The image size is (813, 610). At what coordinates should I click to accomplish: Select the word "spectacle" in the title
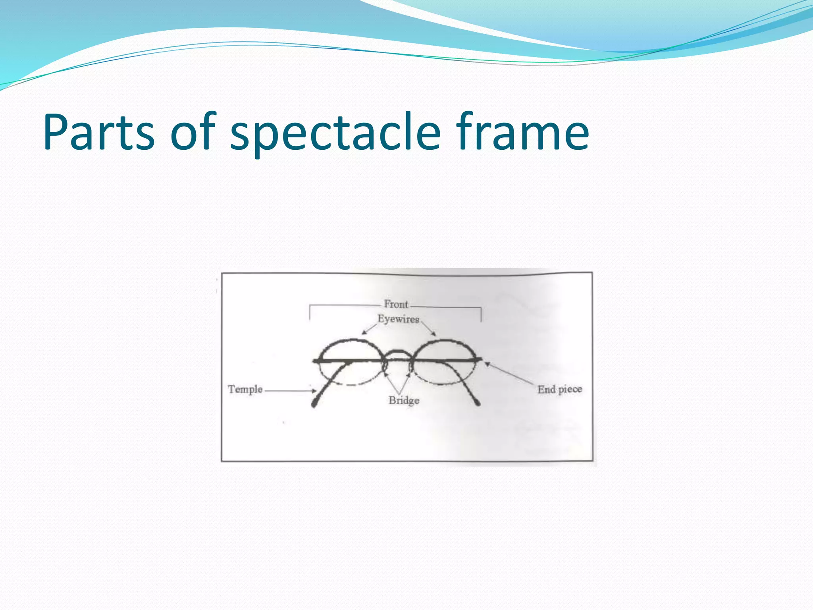335,133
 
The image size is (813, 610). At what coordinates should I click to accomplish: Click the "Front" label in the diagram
396,304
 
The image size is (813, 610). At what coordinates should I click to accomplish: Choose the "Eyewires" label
398,319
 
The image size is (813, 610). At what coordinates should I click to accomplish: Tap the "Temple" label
245,389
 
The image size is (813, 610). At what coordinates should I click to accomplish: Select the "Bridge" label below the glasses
404,400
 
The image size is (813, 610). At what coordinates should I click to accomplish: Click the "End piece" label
560,389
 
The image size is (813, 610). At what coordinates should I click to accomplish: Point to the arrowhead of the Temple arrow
314,391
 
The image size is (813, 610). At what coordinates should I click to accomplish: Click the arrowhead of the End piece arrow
487,363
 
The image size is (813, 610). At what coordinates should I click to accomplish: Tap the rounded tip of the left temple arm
314,404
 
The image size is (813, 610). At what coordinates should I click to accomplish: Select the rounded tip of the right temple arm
478,403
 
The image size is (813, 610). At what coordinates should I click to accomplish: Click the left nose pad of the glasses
385,368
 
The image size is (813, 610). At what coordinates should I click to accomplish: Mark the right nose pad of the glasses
411,368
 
